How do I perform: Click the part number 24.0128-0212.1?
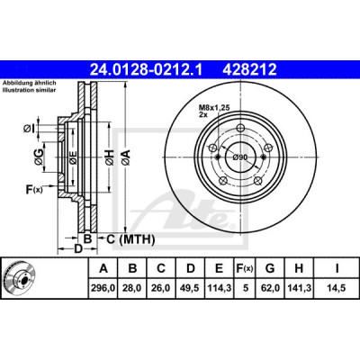pyautogui.click(x=147, y=70)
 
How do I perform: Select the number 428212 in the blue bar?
pyautogui.click(x=249, y=70)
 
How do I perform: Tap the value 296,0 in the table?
pyautogui.click(x=103, y=288)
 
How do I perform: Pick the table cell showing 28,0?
pyautogui.click(x=132, y=288)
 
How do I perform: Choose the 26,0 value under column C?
pyautogui.click(x=161, y=288)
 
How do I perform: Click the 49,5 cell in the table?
pyautogui.click(x=191, y=288)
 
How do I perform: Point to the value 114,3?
pyautogui.click(x=220, y=288)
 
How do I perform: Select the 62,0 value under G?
pyautogui.click(x=270, y=288)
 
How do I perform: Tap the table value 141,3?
pyautogui.click(x=299, y=288)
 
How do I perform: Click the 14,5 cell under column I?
pyautogui.click(x=337, y=288)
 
